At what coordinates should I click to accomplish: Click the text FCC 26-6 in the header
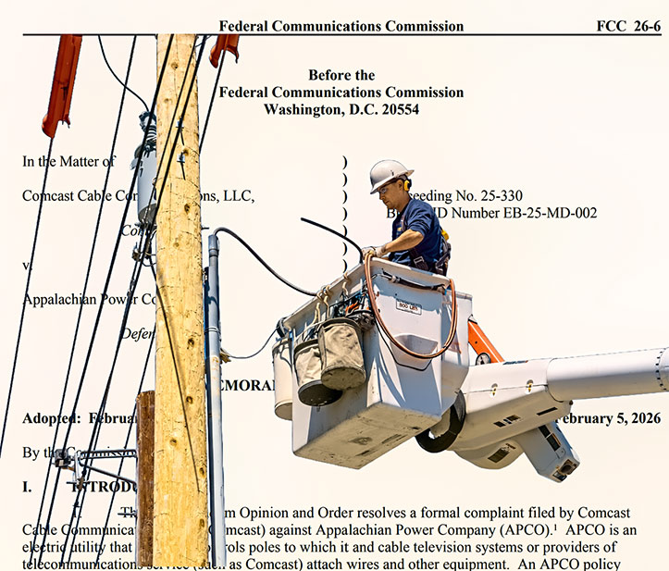[x=628, y=25]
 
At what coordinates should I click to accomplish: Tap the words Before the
[x=341, y=75]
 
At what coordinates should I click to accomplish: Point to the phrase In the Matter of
[x=68, y=161]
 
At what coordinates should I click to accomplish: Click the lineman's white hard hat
[x=389, y=174]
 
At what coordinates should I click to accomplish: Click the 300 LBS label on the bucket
[x=408, y=306]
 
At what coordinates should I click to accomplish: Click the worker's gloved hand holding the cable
[x=371, y=251]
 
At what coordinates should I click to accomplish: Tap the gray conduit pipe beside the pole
[x=214, y=370]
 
